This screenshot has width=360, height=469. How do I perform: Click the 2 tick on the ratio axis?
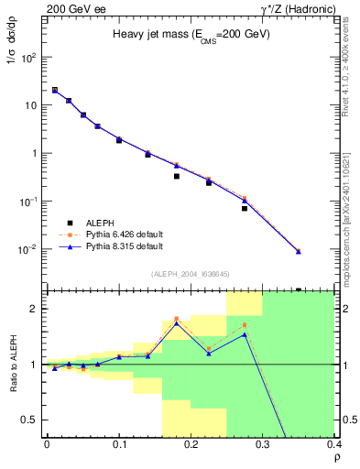[35, 309]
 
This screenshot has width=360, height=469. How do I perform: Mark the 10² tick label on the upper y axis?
[27, 57]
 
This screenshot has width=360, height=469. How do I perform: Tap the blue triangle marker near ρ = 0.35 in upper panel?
[298, 251]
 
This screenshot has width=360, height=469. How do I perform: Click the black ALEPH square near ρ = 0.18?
[177, 176]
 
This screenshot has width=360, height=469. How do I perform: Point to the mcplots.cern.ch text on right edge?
[353, 183]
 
